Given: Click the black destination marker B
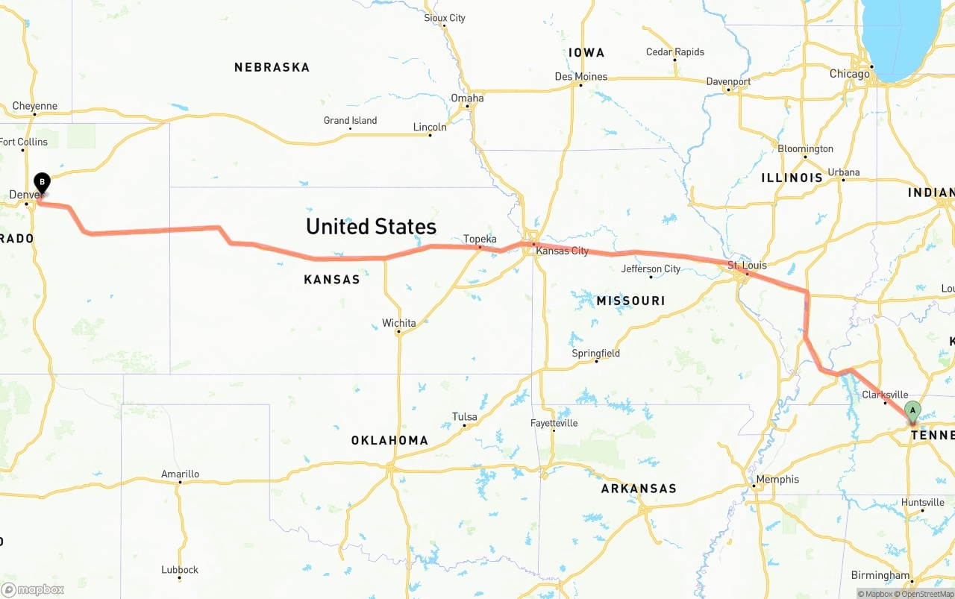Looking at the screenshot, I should pyautogui.click(x=43, y=182).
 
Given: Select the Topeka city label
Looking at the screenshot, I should pyautogui.click(x=480, y=239).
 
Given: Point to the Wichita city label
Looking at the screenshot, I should pyautogui.click(x=399, y=323).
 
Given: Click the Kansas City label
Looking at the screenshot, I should pyautogui.click(x=563, y=251).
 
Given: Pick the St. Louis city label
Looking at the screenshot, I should pyautogui.click(x=747, y=266).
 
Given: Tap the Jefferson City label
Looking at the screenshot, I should pyautogui.click(x=651, y=269).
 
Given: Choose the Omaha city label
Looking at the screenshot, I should pyautogui.click(x=467, y=98).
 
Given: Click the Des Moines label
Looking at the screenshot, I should pyautogui.click(x=581, y=77).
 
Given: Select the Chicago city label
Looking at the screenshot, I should pyautogui.click(x=850, y=74).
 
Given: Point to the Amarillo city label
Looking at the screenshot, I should pyautogui.click(x=180, y=474).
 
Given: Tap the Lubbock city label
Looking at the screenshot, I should pyautogui.click(x=180, y=570).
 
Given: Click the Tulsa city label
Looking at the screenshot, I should pyautogui.click(x=464, y=417).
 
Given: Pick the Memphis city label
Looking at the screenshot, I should pyautogui.click(x=777, y=480).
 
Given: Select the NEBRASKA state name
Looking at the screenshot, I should pyautogui.click(x=272, y=67).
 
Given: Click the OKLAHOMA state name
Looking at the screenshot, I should pyautogui.click(x=389, y=440).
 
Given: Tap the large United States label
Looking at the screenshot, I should pyautogui.click(x=371, y=227).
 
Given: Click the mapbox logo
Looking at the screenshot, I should pyautogui.click(x=33, y=589).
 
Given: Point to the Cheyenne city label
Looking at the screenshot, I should pyautogui.click(x=35, y=106).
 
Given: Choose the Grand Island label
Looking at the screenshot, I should pyautogui.click(x=350, y=121).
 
